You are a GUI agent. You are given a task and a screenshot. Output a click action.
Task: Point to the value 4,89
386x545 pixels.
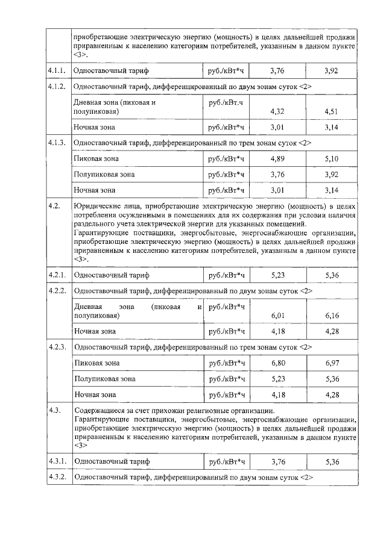277,159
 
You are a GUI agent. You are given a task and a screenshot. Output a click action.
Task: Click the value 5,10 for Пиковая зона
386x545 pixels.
331,159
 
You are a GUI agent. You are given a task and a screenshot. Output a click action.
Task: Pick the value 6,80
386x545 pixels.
277,363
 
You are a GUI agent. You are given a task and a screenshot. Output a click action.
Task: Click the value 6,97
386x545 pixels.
331,363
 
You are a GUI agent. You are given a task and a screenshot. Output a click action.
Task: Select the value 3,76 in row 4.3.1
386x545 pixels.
277,462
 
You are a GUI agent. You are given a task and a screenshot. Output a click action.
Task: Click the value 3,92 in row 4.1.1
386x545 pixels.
331,72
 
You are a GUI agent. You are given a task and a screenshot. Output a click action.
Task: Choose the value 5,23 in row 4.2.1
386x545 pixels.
277,275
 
